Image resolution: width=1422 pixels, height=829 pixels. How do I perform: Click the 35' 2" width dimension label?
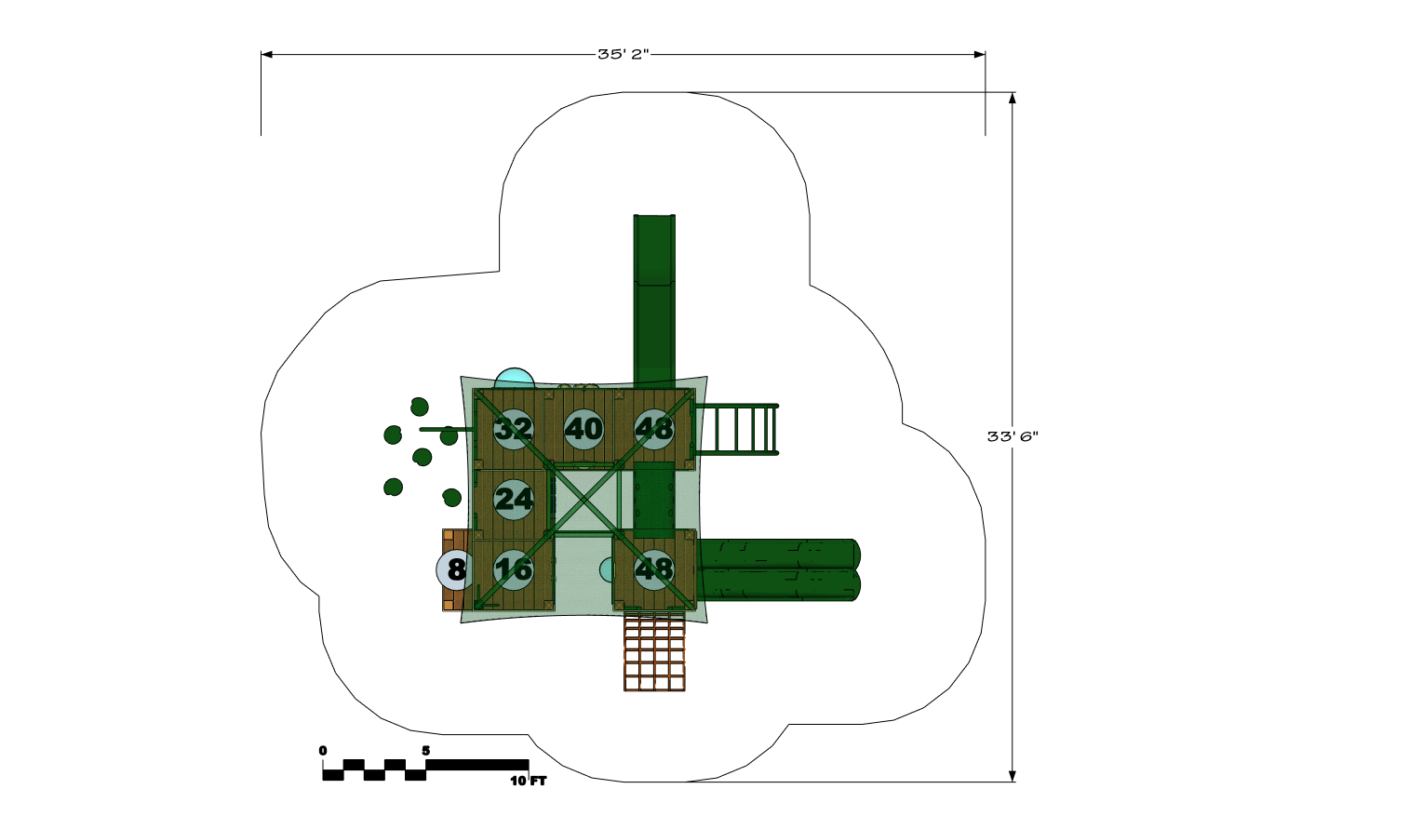click(623, 54)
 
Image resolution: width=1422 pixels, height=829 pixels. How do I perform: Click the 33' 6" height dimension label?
click(1013, 436)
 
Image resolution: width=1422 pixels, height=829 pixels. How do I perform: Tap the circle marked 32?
click(514, 429)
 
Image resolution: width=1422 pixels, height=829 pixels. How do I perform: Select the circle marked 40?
click(584, 429)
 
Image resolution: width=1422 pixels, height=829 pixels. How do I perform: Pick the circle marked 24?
click(514, 500)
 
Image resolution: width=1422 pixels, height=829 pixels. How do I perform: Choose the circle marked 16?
click(514, 569)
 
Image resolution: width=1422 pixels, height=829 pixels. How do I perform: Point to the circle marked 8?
click(455, 569)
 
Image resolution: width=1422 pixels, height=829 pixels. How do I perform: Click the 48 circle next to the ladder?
click(654, 429)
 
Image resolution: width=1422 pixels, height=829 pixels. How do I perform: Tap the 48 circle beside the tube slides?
click(654, 569)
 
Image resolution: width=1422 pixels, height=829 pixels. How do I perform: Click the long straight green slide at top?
click(654, 301)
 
